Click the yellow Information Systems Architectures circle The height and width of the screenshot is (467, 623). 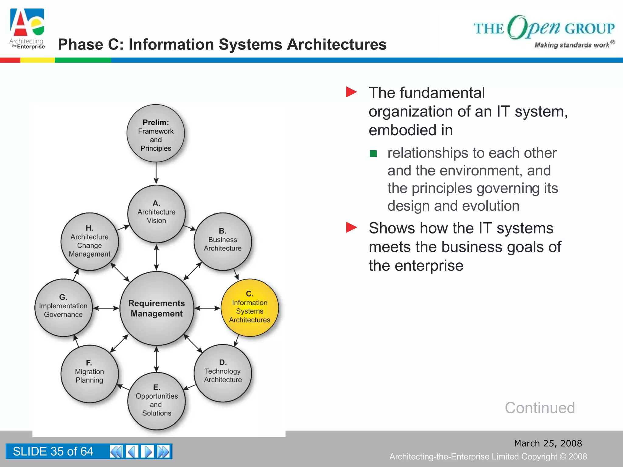[x=249, y=308]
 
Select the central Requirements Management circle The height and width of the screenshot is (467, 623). [x=157, y=308]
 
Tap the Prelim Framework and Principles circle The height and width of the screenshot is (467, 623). [x=156, y=133]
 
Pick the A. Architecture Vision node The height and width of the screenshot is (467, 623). [x=156, y=214]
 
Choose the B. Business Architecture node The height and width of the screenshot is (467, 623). [x=223, y=241]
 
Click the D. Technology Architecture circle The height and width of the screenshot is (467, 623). [x=223, y=373]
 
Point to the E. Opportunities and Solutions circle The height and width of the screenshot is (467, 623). [x=156, y=401]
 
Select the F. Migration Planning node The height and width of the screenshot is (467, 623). [x=89, y=373]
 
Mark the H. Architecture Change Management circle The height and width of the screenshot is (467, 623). [x=89, y=242]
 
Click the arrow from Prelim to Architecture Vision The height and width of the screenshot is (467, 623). [x=156, y=173]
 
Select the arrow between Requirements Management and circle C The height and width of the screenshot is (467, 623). [x=207, y=308]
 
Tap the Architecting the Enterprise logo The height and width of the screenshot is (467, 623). [x=27, y=29]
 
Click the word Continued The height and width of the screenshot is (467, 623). [x=540, y=408]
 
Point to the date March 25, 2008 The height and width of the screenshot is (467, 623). [x=548, y=443]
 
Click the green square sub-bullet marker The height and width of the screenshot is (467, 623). [x=373, y=154]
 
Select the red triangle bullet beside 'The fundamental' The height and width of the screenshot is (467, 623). [x=351, y=92]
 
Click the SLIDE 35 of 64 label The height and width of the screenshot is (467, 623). [x=53, y=451]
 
